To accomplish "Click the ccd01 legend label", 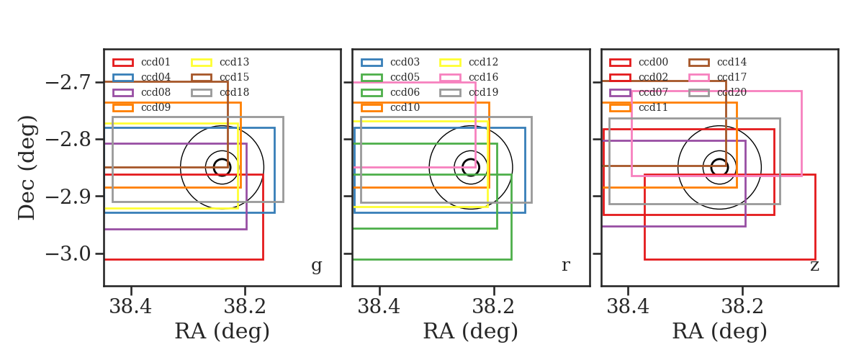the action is pyautogui.click(x=156, y=62).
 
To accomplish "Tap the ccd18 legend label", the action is pyautogui.click(x=234, y=92).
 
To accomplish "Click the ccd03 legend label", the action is pyautogui.click(x=405, y=62).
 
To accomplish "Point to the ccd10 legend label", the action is pyautogui.click(x=405, y=107).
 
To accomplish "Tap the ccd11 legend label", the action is pyautogui.click(x=653, y=107).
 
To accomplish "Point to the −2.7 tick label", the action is pyautogui.click(x=68, y=83).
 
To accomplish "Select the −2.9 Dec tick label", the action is pyautogui.click(x=68, y=197).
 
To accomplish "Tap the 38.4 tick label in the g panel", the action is pyautogui.click(x=130, y=307).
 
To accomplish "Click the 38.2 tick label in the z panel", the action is pyautogui.click(x=742, y=307).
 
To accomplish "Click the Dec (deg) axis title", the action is pyautogui.click(x=27, y=168).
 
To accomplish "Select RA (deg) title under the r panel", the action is pyautogui.click(x=471, y=331).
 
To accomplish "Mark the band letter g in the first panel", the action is pyautogui.click(x=316, y=266).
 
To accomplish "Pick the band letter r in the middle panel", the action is pyautogui.click(x=565, y=266).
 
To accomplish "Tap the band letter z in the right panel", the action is pyautogui.click(x=814, y=266).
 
